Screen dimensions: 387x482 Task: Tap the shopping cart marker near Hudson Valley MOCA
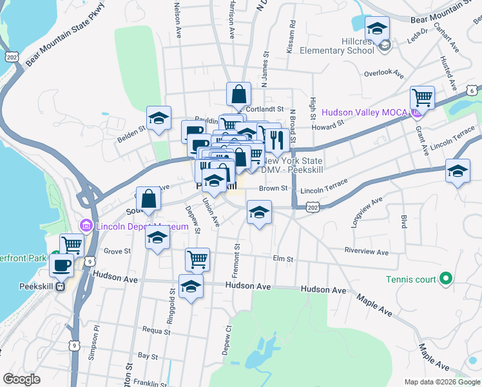422,99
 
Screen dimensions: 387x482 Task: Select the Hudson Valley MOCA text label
364,112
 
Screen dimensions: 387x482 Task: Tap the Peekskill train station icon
61,287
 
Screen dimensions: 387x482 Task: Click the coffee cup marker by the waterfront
63,264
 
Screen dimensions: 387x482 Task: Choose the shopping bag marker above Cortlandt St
238,94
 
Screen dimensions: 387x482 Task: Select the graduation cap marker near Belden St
159,119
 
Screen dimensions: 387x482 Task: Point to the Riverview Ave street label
367,252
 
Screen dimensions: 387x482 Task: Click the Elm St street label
283,259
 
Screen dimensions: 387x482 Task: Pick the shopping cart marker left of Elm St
197,260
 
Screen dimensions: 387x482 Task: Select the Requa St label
157,332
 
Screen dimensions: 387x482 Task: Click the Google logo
21,379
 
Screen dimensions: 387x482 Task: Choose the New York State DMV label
291,164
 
